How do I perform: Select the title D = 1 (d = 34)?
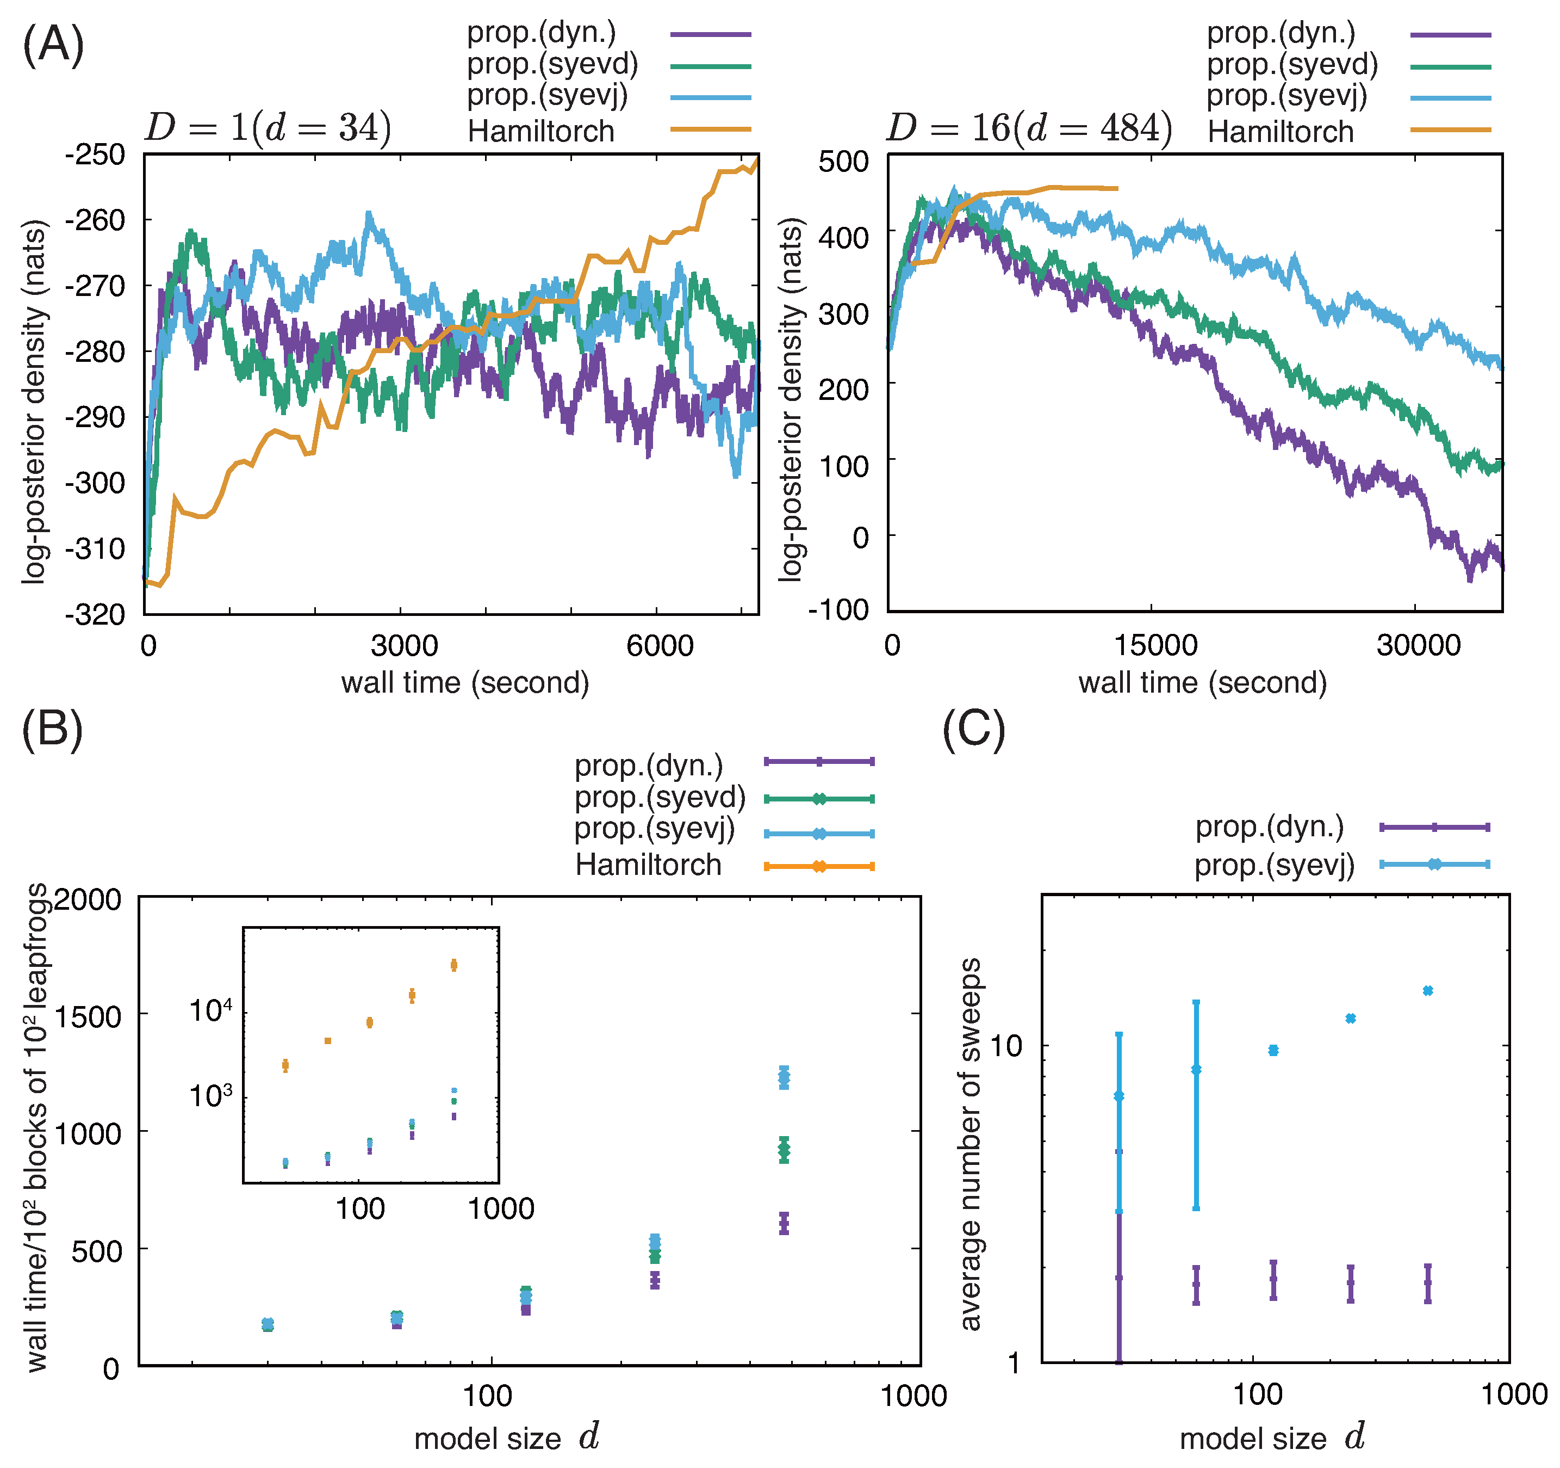click(268, 127)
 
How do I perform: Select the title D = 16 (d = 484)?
click(1029, 127)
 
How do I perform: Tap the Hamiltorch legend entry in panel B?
click(648, 865)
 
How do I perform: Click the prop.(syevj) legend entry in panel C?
click(1275, 865)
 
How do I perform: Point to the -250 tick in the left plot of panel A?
click(95, 155)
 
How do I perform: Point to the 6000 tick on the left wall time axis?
click(659, 645)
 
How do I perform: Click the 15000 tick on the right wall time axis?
click(1155, 645)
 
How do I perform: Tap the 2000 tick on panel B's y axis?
click(86, 899)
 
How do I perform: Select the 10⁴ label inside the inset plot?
click(210, 1011)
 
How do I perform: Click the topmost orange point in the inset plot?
click(453, 965)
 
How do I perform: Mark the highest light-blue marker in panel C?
click(1427, 991)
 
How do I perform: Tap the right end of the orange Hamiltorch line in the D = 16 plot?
click(1116, 188)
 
